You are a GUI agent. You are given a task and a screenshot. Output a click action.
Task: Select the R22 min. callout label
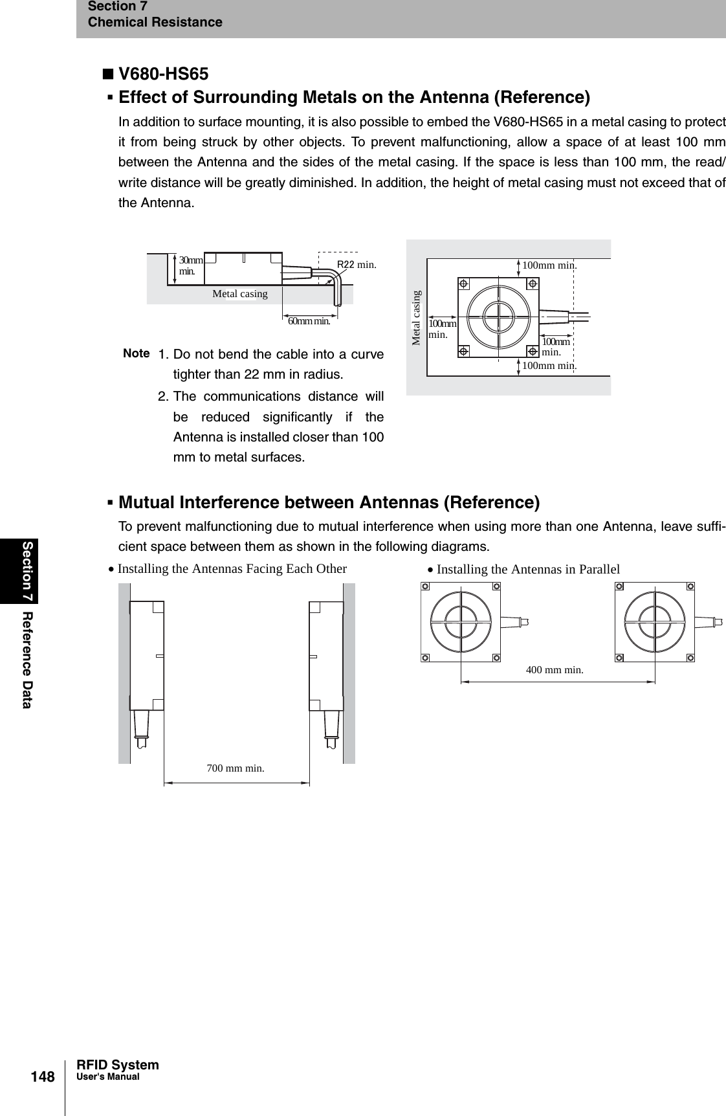click(x=357, y=264)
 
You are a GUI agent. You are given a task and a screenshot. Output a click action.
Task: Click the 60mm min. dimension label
click(x=309, y=320)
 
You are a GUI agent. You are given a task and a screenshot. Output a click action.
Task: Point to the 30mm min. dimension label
click(x=191, y=265)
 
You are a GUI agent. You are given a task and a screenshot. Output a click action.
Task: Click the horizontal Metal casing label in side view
click(x=239, y=294)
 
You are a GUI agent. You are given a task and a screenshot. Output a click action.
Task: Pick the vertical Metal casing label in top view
click(x=417, y=317)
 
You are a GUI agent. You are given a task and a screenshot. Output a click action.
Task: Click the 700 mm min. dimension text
click(x=236, y=768)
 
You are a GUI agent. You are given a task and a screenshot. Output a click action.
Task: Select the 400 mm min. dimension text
click(x=555, y=670)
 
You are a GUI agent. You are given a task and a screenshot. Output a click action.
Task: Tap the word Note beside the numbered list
click(x=137, y=353)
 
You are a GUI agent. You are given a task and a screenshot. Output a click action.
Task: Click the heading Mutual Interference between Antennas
click(x=329, y=502)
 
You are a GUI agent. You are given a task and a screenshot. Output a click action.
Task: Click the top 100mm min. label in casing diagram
click(x=549, y=265)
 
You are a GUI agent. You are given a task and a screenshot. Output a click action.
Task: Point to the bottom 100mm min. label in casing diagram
click(x=549, y=366)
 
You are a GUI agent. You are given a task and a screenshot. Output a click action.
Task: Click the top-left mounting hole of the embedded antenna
click(x=464, y=283)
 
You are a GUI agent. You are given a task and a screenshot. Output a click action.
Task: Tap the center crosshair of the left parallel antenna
click(x=461, y=621)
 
